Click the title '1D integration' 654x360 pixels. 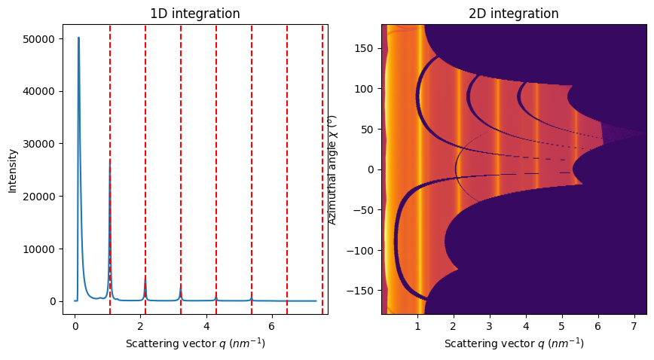195,14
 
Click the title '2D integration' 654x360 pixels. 514,14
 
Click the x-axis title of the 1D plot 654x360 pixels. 195,343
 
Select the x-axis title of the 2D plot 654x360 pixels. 514,343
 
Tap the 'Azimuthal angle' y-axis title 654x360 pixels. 332,169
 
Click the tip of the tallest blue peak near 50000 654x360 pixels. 78,38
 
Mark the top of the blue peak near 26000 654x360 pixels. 110,163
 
